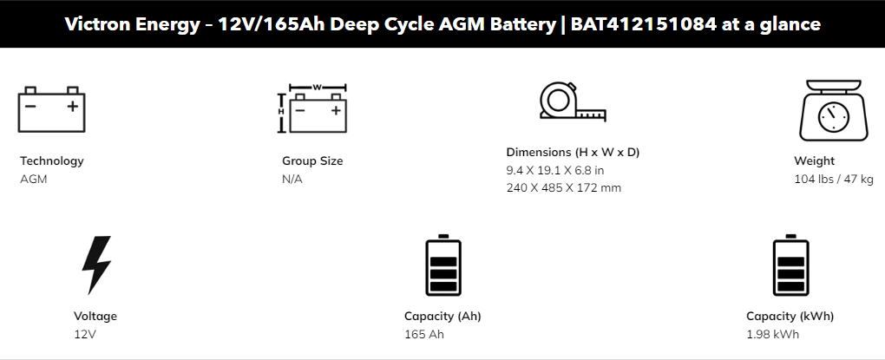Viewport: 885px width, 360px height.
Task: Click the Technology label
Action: click(52, 160)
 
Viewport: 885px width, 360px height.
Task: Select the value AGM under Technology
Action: click(34, 180)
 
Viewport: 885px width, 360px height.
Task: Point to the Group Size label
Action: click(312, 160)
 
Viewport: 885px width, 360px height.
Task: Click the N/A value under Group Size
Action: click(292, 180)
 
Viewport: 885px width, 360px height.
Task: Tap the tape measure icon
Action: click(573, 101)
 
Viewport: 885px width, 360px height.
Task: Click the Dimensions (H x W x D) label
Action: click(573, 153)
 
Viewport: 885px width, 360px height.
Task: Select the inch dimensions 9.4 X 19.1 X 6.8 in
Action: click(554, 170)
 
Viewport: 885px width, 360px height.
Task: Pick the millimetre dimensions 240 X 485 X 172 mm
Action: click(563, 188)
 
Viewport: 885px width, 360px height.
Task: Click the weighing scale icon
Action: click(834, 110)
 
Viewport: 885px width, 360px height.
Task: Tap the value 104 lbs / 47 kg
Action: click(834, 180)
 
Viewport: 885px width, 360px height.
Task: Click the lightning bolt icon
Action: click(96, 265)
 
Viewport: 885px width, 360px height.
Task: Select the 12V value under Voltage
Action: click(85, 334)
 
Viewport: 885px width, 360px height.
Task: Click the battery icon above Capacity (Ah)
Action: click(443, 265)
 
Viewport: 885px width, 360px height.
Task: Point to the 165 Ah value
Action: click(424, 334)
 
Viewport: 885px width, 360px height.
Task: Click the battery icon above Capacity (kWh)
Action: click(790, 265)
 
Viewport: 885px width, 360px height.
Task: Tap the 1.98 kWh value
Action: click(773, 334)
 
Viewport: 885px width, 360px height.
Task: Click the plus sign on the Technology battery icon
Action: click(72, 106)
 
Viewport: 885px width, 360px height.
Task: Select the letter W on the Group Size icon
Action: click(318, 88)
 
